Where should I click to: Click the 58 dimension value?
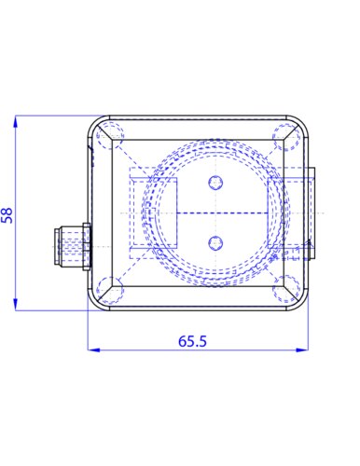pyautogui.click(x=7, y=215)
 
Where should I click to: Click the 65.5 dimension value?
pyautogui.click(x=192, y=341)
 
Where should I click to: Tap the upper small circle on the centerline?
pyautogui.click(x=215, y=183)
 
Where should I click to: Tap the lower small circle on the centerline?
pyautogui.click(x=215, y=243)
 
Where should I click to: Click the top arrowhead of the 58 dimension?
pyautogui.click(x=15, y=121)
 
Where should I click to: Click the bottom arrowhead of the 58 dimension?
pyautogui.click(x=15, y=305)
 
